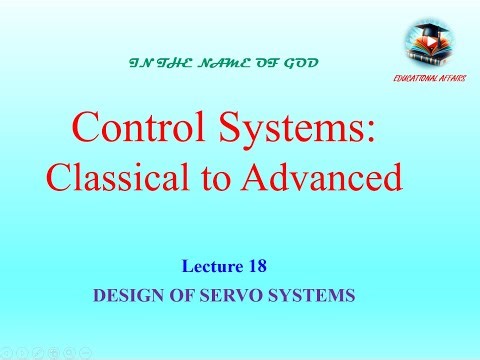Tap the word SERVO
coord(213,297)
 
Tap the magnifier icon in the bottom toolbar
coord(67,352)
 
